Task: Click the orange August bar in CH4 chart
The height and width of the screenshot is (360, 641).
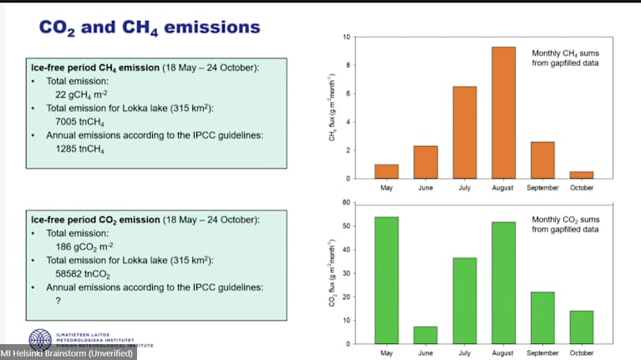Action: (503, 113)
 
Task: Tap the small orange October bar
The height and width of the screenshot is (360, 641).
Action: (582, 175)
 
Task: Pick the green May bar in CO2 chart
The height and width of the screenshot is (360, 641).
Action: (386, 280)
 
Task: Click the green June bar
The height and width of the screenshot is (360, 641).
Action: (425, 334)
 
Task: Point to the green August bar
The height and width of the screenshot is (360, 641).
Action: (503, 282)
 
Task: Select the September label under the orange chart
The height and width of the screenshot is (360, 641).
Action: (542, 187)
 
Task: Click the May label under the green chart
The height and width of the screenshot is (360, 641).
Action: (386, 352)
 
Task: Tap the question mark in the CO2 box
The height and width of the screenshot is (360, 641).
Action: (59, 302)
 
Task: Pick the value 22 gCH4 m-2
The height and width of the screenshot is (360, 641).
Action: (84, 95)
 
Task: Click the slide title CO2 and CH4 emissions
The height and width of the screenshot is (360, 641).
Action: (150, 28)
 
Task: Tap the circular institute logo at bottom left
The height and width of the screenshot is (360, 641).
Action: (40, 339)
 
